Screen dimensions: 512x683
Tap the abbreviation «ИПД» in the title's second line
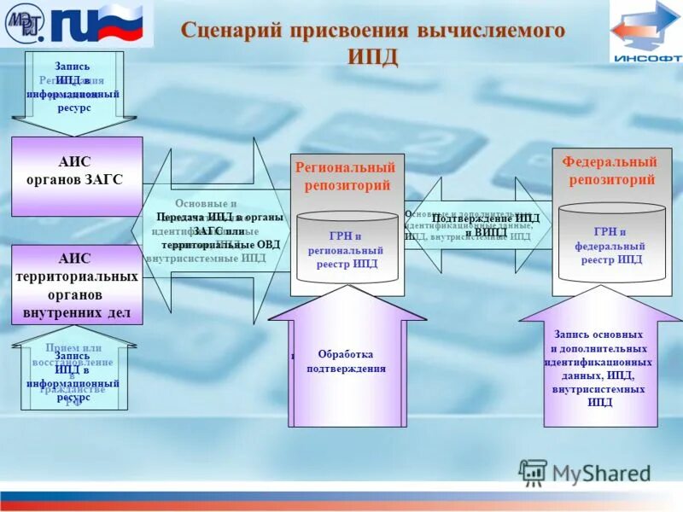coord(372,56)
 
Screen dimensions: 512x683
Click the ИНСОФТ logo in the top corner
coord(646,32)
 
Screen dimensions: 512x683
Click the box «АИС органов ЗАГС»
coord(76,171)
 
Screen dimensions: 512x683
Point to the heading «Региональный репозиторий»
coord(346,176)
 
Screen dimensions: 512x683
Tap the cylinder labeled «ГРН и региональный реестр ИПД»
coord(347,248)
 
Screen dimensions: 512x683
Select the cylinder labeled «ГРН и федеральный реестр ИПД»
coord(611,245)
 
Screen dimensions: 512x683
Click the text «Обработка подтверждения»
coord(346,361)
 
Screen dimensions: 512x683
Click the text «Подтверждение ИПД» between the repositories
coord(486,218)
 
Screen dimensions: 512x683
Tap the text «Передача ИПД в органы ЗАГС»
coord(219,218)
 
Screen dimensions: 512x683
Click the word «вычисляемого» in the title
coord(491,32)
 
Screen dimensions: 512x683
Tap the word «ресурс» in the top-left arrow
coord(74,108)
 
